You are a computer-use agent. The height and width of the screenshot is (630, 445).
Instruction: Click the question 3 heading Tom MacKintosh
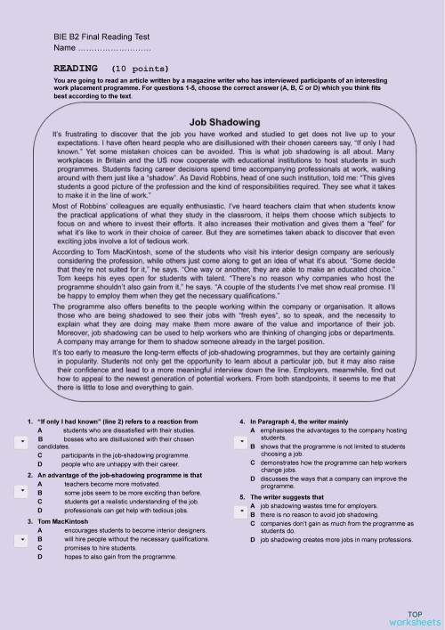pyautogui.click(x=62, y=520)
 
